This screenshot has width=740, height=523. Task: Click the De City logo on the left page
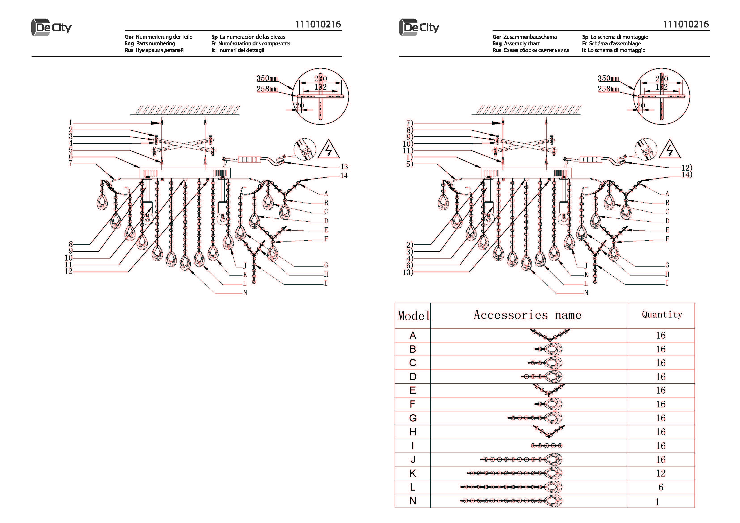[51, 27]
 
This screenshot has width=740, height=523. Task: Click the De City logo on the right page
[419, 27]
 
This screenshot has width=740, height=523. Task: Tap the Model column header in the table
[413, 315]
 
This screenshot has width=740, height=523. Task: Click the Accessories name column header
[528, 315]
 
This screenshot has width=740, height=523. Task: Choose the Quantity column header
[662, 315]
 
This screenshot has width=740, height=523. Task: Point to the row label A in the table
[413, 335]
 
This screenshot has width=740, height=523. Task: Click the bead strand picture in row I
[547, 446]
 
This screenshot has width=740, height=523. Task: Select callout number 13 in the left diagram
[344, 167]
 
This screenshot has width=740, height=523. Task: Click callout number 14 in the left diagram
[344, 176]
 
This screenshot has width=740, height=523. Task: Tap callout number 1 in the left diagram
[70, 123]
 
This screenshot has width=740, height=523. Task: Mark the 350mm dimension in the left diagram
[267, 78]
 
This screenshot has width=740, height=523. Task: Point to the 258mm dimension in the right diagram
[608, 89]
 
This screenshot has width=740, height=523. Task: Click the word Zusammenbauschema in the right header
[530, 37]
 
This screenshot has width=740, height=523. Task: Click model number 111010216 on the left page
[318, 24]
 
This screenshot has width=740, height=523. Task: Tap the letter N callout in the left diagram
[245, 293]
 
